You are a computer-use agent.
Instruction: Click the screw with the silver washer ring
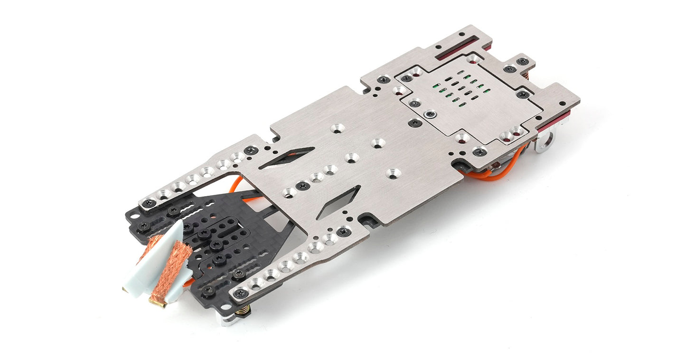(x=431, y=114)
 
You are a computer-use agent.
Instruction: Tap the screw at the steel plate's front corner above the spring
(x=241, y=293)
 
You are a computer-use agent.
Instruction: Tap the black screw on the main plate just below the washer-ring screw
(x=414, y=123)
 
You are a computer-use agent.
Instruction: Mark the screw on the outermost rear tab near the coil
(x=522, y=61)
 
